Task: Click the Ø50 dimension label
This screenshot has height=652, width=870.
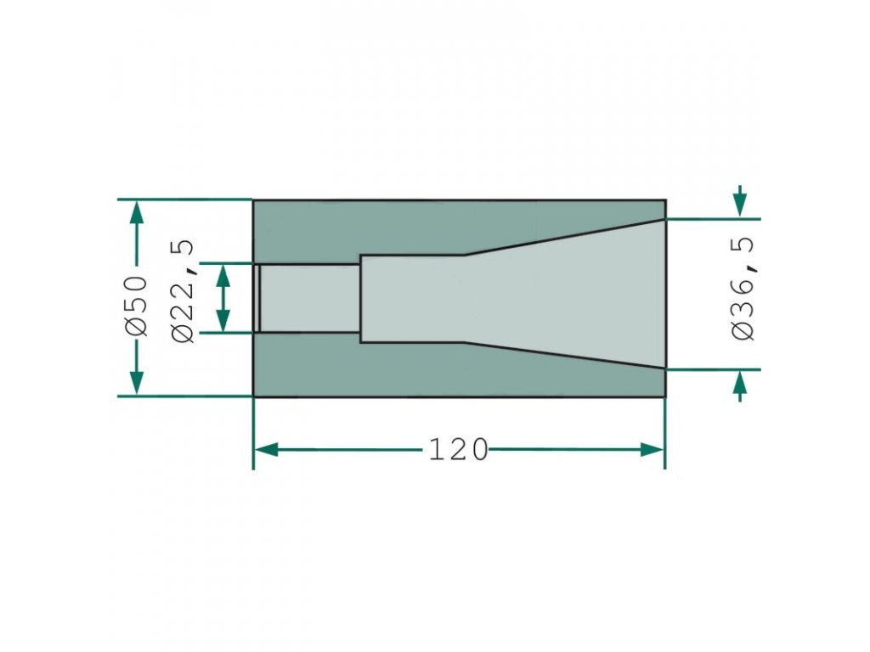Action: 137,306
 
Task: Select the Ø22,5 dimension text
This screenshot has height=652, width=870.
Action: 184,292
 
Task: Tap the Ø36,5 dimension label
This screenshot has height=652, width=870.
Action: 743,289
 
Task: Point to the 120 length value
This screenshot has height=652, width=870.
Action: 458,450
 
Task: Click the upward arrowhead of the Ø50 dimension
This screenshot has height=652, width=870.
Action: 137,212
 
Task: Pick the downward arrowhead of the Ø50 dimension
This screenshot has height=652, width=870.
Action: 137,383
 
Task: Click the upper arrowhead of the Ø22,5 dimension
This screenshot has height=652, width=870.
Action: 223,276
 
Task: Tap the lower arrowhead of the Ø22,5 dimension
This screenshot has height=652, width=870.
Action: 223,321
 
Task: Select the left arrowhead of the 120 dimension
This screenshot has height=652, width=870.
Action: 266,450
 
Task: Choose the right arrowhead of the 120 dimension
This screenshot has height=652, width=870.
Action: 652,450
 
